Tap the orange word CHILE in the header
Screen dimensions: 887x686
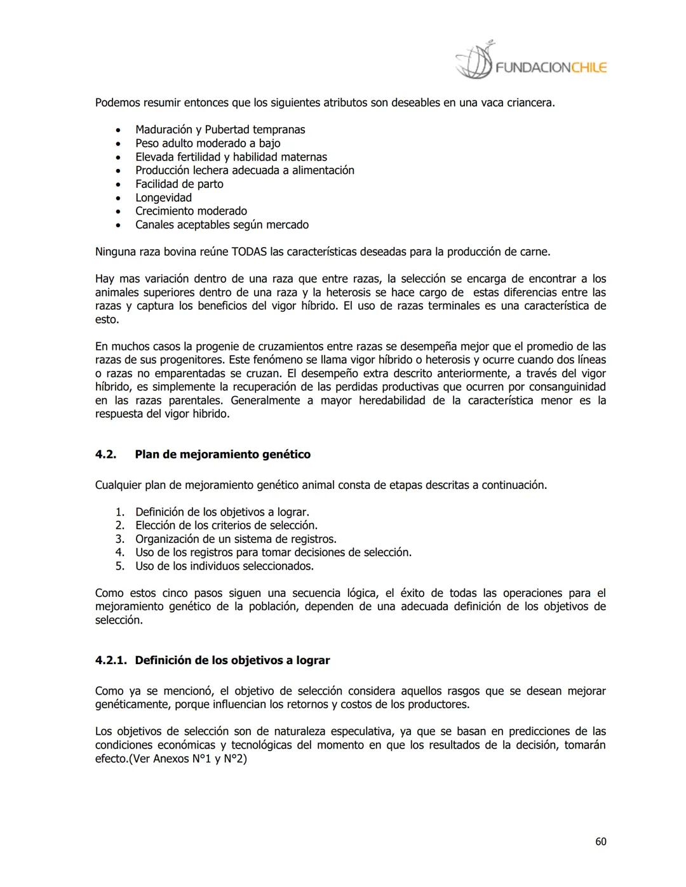[588, 68]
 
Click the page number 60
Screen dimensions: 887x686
[600, 841]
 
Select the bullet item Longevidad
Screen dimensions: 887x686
[163, 197]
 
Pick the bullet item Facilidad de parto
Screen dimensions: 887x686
[179, 184]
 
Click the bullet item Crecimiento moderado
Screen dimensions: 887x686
[191, 211]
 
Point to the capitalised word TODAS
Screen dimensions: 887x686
[249, 251]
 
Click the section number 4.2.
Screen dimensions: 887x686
[105, 454]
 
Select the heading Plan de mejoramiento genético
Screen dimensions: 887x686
[222, 454]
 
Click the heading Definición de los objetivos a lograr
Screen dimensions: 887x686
[232, 660]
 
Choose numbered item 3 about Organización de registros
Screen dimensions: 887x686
[235, 539]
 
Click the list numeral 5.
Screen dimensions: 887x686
[119, 566]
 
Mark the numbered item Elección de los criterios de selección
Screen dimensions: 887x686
[226, 525]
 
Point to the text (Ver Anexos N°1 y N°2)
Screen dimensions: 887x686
[187, 759]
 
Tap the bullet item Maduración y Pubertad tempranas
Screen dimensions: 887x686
[220, 130]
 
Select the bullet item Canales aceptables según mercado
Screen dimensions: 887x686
[222, 225]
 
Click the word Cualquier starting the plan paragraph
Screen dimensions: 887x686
[118, 485]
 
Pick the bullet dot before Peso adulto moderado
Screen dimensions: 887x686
[118, 143]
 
